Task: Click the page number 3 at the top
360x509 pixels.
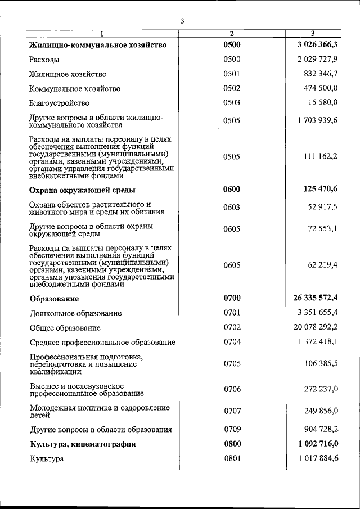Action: tap(182, 21)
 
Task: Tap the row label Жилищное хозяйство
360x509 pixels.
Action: tap(68, 74)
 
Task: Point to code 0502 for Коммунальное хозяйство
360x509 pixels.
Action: tap(232, 89)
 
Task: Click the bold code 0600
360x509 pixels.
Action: tap(232, 190)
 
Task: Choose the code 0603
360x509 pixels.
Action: tap(232, 208)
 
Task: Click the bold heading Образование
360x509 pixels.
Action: tap(55, 299)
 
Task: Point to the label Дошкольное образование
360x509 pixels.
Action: tap(76, 313)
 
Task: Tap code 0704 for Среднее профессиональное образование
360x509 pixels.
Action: tap(232, 342)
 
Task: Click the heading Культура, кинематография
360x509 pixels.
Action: tap(83, 444)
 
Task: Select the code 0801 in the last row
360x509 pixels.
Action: tap(232, 459)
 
